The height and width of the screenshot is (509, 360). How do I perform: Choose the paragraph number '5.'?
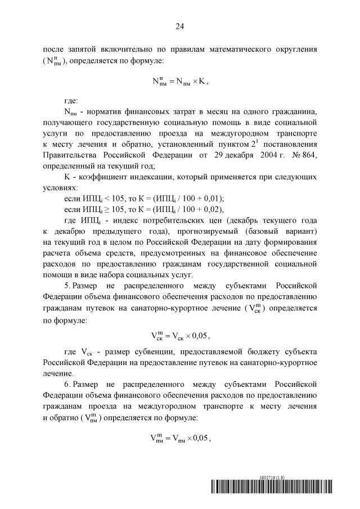pos(68,285)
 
